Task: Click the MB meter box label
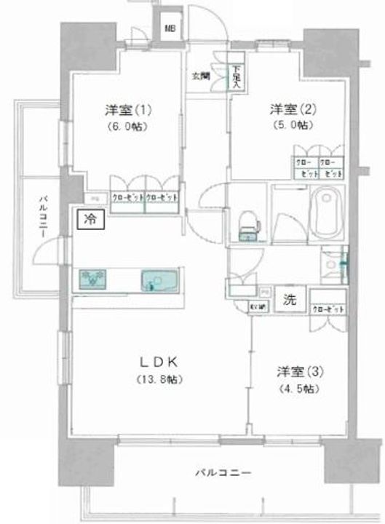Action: tap(170, 29)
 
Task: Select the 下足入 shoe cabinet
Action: tap(237, 76)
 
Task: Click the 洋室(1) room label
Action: tap(127, 110)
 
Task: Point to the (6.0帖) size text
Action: tap(127, 125)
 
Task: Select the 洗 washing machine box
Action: tap(290, 298)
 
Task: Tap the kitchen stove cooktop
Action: tap(92, 279)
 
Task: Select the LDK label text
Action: tap(157, 362)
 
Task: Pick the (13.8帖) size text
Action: tap(158, 379)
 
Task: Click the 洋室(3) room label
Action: tap(301, 372)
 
